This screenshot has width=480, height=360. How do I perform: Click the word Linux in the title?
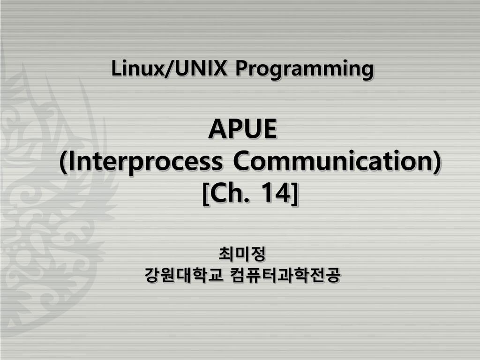pos(137,68)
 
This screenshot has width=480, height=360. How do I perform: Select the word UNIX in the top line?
pos(202,68)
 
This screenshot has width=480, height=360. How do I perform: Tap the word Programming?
pos(305,69)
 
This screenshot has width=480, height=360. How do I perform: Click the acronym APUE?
pos(242,129)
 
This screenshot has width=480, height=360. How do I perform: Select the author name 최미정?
pos(242,254)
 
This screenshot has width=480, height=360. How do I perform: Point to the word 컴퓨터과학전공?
pos(285,275)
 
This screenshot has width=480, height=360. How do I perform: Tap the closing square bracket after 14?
pos(294,194)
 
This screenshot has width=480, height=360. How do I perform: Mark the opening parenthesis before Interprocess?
pos(63,162)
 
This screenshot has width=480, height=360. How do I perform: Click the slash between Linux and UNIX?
pos(170,68)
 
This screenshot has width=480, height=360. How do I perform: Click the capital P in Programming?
pos(241,68)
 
